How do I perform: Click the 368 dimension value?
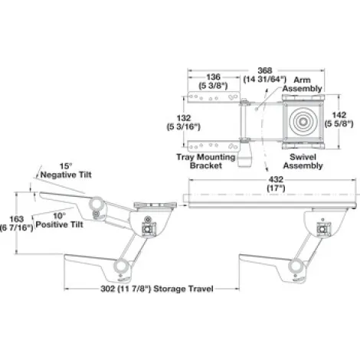coord(265,70)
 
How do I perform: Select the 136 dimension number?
coord(213,77)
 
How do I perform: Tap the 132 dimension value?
coord(184,118)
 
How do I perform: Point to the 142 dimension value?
coord(339,115)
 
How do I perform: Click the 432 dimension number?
coord(276,179)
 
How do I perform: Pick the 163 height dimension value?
coord(16,219)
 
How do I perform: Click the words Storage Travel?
coord(183,289)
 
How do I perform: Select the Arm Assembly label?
coord(302,84)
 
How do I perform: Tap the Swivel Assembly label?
coord(303,162)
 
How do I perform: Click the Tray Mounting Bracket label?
coord(206,161)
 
